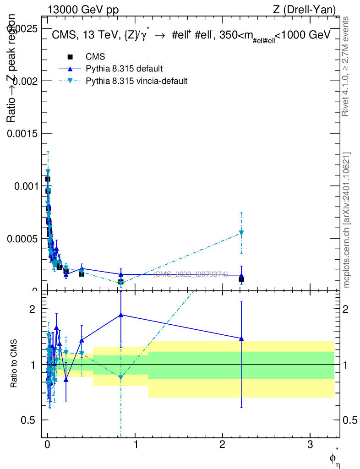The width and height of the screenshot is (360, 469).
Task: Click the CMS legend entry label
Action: [x=95, y=57]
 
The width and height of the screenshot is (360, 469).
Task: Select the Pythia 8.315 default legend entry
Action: [x=124, y=69]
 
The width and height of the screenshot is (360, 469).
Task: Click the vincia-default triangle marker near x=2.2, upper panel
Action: [x=241, y=233]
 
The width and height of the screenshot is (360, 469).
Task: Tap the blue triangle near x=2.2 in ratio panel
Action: [x=241, y=338]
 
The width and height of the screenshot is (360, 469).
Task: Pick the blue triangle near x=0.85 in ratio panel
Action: [x=121, y=315]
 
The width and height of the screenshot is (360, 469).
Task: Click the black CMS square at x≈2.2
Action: [x=241, y=279]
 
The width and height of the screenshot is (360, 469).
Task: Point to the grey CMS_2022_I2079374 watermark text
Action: [x=190, y=274]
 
